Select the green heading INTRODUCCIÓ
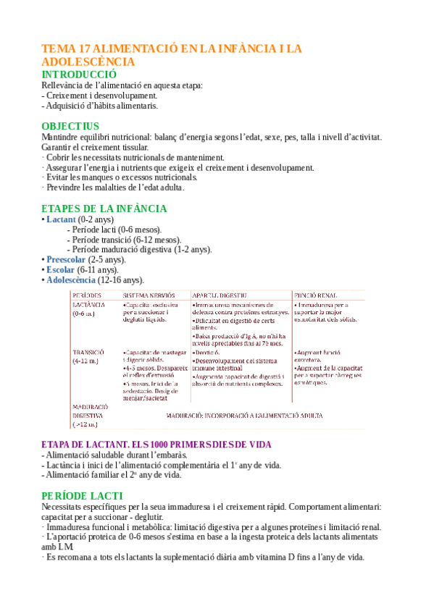(x=79, y=75)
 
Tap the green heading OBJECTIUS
(x=70, y=126)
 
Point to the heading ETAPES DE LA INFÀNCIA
(x=104, y=209)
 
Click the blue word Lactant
(x=60, y=219)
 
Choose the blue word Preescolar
(x=65, y=259)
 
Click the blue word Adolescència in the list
(x=70, y=279)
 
